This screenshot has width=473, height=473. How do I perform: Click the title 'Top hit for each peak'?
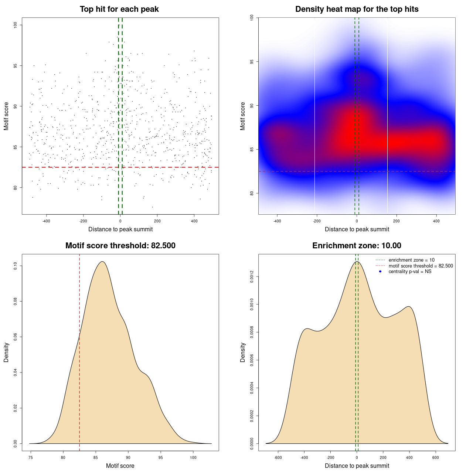(119, 9)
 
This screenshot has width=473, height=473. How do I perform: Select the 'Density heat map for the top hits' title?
(357, 9)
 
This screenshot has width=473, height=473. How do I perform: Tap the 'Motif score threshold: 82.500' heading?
(120, 246)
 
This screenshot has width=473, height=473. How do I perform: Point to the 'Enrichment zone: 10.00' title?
(357, 246)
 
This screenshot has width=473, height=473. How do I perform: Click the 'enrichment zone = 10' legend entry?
(411, 260)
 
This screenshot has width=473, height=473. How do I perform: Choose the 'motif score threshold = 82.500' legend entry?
(421, 266)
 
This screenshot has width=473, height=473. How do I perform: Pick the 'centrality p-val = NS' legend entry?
(410, 272)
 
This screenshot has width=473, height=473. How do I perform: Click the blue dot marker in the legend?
(380, 272)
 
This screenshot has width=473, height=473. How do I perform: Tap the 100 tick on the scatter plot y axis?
(16, 25)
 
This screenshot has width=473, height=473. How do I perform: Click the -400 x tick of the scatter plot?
(46, 221)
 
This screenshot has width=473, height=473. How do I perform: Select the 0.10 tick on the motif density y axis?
(16, 266)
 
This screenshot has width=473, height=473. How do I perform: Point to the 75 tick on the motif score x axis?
(31, 457)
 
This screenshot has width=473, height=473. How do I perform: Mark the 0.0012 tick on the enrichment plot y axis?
(252, 277)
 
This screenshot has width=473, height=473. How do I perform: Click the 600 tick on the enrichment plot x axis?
(436, 457)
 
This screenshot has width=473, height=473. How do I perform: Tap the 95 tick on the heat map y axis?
(252, 61)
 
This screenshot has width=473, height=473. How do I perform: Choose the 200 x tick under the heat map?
(397, 221)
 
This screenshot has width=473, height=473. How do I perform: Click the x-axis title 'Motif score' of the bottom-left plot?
(120, 466)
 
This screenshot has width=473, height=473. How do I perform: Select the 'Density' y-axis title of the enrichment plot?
(243, 352)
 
